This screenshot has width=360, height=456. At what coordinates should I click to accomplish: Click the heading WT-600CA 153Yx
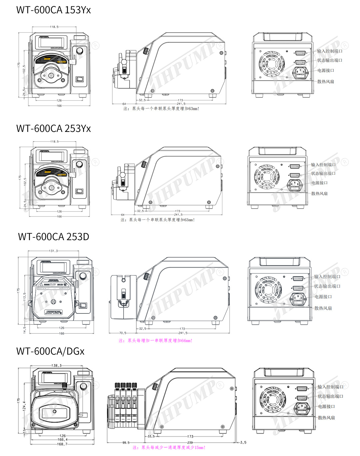(x=53, y=10)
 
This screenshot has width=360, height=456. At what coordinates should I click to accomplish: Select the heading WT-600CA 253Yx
(x=53, y=129)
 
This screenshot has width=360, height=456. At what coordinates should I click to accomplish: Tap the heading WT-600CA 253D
(x=53, y=237)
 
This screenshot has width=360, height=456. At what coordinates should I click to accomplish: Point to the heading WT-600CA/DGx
(x=50, y=351)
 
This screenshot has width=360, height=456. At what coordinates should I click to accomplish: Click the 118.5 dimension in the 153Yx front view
(x=54, y=27)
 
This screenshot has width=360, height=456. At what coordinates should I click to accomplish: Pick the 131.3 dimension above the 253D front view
(x=53, y=251)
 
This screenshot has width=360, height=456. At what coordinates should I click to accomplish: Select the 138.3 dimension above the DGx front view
(x=56, y=365)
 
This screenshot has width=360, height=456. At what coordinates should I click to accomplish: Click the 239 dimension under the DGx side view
(x=190, y=443)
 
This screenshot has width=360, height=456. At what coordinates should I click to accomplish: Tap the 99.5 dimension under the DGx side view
(x=126, y=443)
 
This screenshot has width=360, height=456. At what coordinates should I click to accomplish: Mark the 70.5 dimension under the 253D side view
(x=123, y=333)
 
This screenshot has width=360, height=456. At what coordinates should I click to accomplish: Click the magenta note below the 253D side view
(x=155, y=341)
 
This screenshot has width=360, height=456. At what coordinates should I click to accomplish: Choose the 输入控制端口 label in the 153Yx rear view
(x=330, y=51)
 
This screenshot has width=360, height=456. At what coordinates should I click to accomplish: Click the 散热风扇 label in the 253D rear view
(x=323, y=308)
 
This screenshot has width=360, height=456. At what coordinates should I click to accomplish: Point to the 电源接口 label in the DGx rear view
(x=326, y=407)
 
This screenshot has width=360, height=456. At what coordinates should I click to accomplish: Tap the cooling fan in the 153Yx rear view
(x=272, y=63)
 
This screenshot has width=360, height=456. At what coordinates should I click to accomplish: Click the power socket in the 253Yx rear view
(x=295, y=184)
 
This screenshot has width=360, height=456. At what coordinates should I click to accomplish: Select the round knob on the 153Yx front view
(x=80, y=51)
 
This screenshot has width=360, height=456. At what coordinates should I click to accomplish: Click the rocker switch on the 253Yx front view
(x=79, y=191)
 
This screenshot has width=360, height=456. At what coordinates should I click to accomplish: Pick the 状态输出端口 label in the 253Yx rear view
(x=323, y=174)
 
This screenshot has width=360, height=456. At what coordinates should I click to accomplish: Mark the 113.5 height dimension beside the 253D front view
(x=25, y=296)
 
